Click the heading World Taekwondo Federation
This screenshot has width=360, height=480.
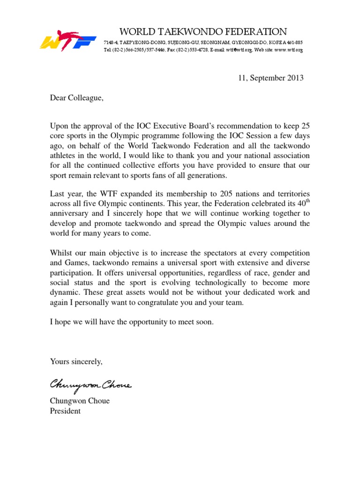[x=203, y=32]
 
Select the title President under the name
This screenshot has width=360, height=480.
[x=65, y=411]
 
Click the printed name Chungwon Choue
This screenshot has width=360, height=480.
[x=80, y=401]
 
